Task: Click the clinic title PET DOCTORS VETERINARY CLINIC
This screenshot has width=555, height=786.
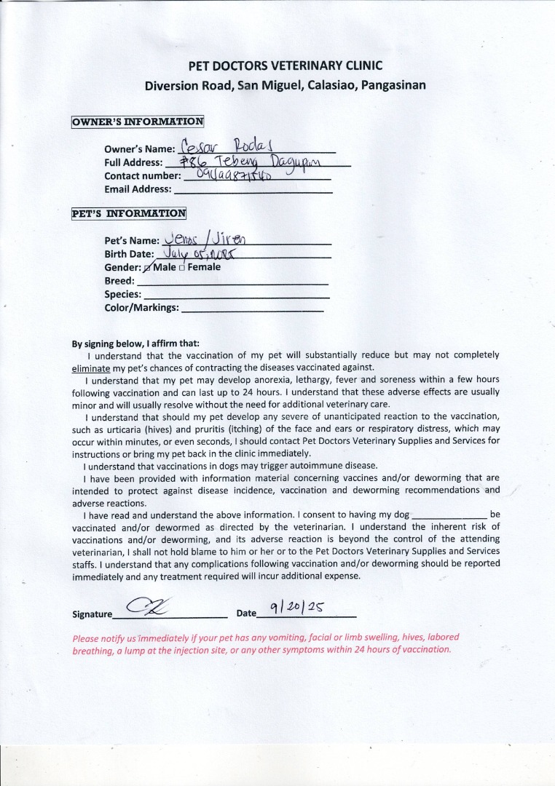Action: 285,65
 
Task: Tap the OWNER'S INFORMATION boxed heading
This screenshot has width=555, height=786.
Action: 138,122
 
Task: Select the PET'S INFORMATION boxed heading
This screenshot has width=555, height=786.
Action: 129,213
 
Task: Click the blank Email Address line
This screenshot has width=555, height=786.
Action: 253,191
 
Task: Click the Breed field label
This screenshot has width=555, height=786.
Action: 119,281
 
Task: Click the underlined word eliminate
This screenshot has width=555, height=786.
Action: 90,368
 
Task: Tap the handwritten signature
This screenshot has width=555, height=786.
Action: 149,606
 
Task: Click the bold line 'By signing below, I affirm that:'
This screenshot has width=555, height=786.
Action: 135,344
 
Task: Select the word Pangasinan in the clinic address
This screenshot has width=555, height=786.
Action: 393,85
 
